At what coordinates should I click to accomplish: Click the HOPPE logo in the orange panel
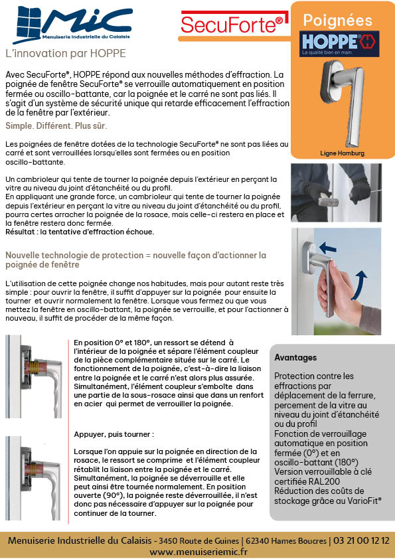coord(339,44)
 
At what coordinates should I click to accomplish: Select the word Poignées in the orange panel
coord(337,21)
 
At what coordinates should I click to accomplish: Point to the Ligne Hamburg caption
coord(343,153)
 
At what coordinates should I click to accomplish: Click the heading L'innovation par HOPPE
coord(66,54)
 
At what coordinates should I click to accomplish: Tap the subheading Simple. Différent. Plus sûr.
coord(56,126)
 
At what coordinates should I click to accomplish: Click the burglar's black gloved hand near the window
coord(359,191)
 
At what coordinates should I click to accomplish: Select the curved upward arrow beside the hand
coord(359,285)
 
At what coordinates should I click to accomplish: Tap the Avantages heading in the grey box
coord(295,358)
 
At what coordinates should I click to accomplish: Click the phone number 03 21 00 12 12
coord(361,540)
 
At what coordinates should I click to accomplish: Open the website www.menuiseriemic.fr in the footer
coord(198,552)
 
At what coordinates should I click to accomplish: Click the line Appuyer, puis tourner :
coord(114,435)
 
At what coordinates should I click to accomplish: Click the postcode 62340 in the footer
coord(257,541)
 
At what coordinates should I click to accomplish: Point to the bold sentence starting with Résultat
coord(80,232)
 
